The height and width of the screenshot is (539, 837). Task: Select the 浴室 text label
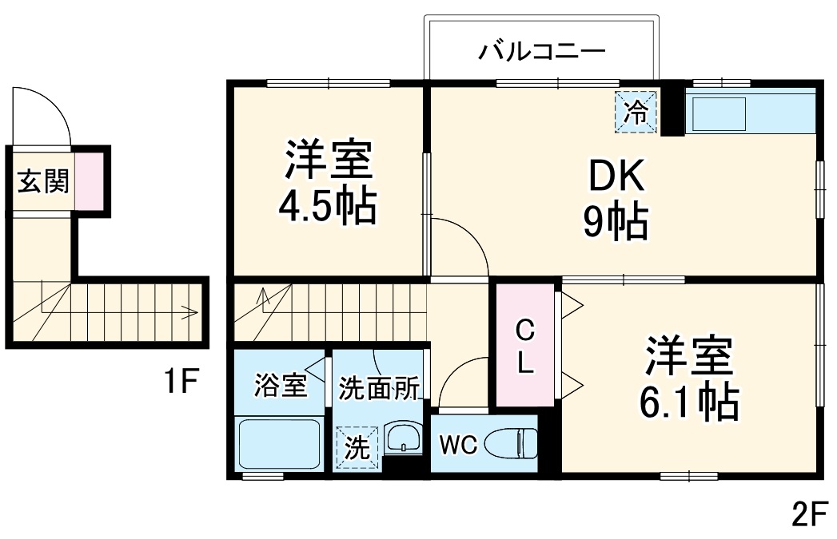pyautogui.click(x=281, y=386)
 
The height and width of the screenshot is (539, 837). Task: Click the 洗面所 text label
pyautogui.click(x=379, y=387)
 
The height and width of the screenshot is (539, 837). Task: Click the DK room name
pyautogui.click(x=616, y=177)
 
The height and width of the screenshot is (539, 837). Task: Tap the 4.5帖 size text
pyautogui.click(x=328, y=206)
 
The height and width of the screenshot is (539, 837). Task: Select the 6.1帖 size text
pyautogui.click(x=688, y=403)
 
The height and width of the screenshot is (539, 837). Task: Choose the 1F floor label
pyautogui.click(x=181, y=382)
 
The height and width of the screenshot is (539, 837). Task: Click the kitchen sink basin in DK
pyautogui.click(x=718, y=114)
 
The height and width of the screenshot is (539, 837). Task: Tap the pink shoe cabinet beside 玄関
pyautogui.click(x=90, y=180)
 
